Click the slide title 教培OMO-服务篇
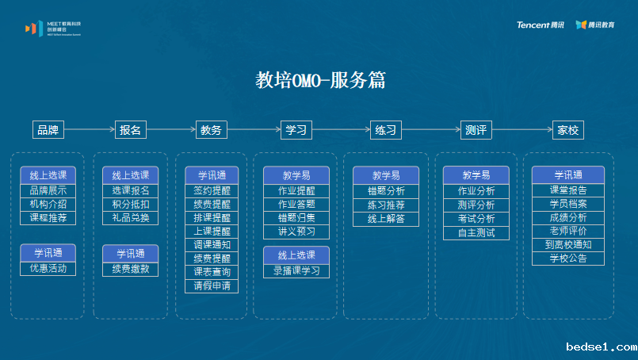[321, 80]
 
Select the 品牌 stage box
[48, 130]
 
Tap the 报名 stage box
[131, 130]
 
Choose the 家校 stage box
[567, 130]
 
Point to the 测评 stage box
[476, 130]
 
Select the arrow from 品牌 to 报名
[90, 130]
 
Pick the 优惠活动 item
[48, 268]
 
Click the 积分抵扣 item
[131, 204]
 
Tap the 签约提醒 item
[212, 190]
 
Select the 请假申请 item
[212, 285]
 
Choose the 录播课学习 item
[296, 270]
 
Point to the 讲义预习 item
[296, 231]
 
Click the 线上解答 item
[386, 218]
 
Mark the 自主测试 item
[476, 232]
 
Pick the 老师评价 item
[567, 231]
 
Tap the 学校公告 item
[567, 259]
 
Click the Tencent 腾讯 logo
[541, 25]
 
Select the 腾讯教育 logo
[595, 25]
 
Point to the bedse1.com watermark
[602, 347]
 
